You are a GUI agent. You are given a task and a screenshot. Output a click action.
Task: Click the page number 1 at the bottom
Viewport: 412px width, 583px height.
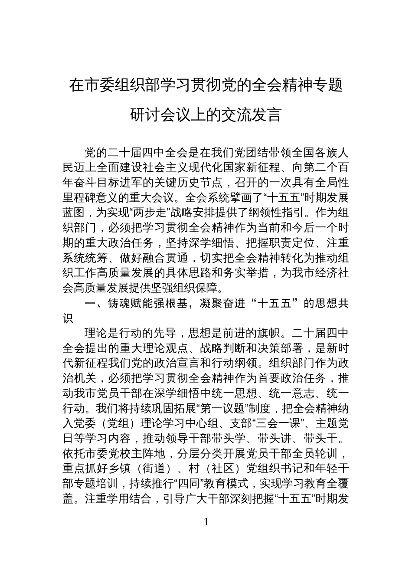[206, 522]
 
